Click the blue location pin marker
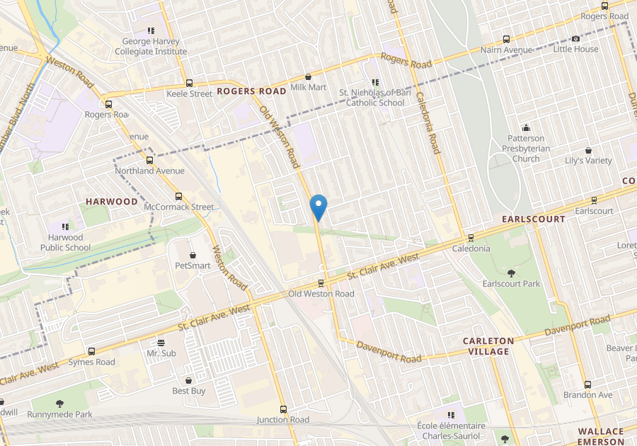tap(318, 206)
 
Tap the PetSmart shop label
tap(193, 265)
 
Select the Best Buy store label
tap(189, 391)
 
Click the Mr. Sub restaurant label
tap(161, 353)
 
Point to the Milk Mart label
tap(309, 87)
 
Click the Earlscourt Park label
tap(511, 283)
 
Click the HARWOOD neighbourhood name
tap(112, 202)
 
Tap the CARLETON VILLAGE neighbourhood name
tap(486, 346)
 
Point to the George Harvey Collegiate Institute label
tap(151, 47)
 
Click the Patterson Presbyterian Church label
tap(526, 149)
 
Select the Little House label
tap(575, 49)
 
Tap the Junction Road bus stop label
tap(283, 420)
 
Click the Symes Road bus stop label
tap(91, 362)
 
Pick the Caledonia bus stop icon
tap(471, 238)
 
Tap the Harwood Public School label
tap(65, 242)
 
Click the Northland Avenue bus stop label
tap(149, 171)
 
